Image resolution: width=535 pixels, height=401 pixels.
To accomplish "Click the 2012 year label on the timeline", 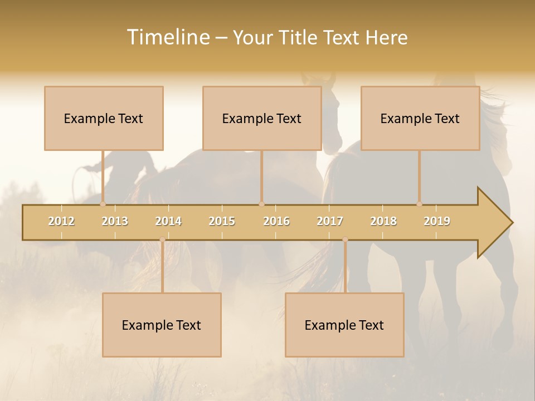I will [61, 221].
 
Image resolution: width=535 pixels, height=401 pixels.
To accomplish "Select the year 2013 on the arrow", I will [115, 221].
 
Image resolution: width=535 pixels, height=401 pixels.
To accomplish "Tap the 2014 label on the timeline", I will [168, 221].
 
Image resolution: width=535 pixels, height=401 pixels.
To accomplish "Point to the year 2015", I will [222, 221].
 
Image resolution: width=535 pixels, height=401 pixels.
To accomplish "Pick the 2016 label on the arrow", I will [276, 221].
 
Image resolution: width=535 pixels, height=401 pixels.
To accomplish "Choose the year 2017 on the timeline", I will [330, 221].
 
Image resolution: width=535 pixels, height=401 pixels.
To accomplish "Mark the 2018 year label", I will [383, 221].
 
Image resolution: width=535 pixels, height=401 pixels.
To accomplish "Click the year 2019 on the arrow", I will [437, 221].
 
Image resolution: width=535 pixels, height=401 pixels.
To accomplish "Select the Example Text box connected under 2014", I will [162, 325].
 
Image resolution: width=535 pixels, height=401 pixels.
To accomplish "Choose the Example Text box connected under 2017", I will [344, 325].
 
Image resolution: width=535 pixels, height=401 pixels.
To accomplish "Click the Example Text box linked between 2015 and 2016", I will [262, 118].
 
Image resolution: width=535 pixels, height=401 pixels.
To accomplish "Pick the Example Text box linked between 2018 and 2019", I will [420, 118].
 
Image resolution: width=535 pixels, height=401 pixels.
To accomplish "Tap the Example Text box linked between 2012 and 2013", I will [104, 118].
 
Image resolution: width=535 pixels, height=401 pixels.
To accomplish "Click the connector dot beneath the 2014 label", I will [162, 239].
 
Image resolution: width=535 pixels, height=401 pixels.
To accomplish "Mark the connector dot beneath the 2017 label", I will [345, 239].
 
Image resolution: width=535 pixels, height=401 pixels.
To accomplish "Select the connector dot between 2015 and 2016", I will [261, 204].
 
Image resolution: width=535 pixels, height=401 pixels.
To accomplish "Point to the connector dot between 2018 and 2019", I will [419, 204].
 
